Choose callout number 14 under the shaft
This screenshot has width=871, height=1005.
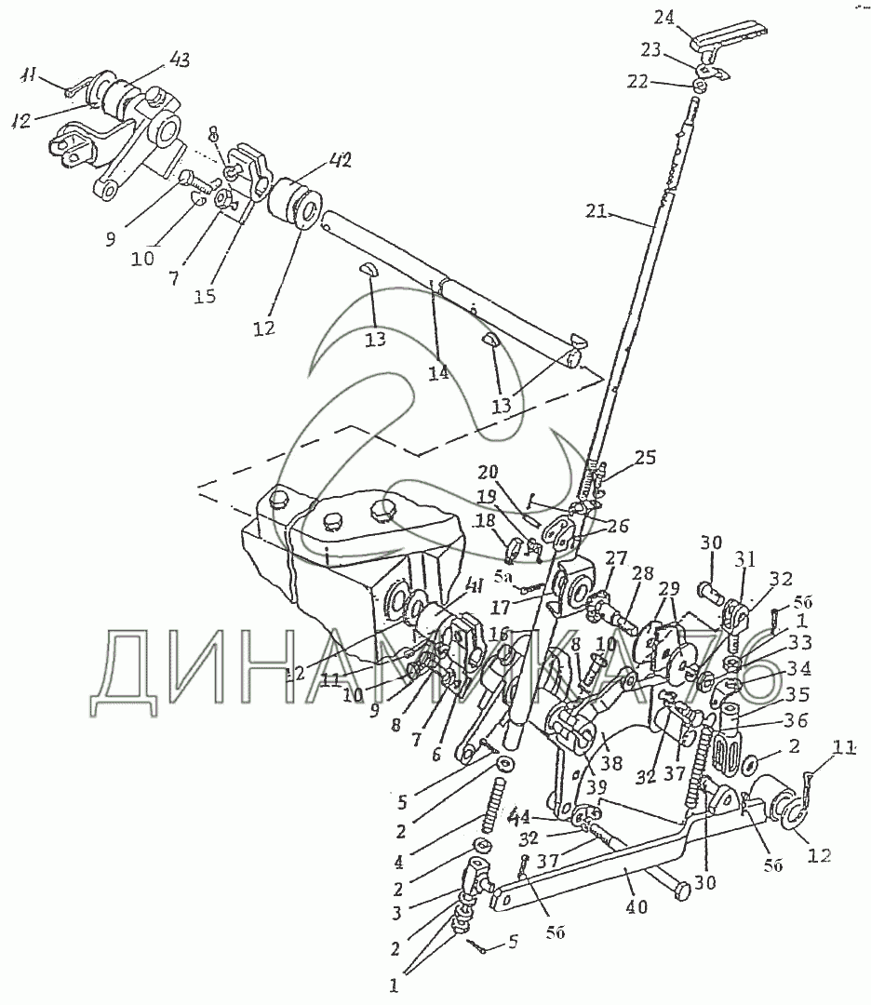[x=438, y=372]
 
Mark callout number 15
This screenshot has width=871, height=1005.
[x=204, y=296]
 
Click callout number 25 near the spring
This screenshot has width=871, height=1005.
[x=645, y=458]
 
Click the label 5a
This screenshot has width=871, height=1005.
[x=503, y=578]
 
